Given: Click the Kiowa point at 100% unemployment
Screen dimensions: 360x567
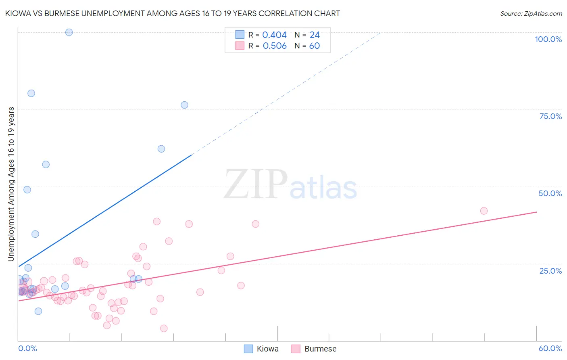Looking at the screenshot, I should (x=69, y=32).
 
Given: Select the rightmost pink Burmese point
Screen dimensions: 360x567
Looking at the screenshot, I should (x=484, y=211).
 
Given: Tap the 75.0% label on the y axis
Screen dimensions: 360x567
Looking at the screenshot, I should (x=550, y=116).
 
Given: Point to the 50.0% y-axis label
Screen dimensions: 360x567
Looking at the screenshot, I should (x=550, y=193).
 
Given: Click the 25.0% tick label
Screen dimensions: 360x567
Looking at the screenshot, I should (x=550, y=271).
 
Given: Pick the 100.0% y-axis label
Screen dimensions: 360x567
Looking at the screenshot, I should (x=548, y=39).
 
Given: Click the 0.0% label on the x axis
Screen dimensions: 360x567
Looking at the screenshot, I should (x=27, y=348).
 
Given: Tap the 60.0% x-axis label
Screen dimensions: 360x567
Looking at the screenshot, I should (x=550, y=348).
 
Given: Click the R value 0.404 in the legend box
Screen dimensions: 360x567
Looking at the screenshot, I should (x=274, y=35).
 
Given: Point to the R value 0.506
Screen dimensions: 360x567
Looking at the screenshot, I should (x=275, y=46).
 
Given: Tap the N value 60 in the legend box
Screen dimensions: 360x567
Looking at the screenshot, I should (x=314, y=46).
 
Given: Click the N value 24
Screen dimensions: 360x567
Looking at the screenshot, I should (x=315, y=35).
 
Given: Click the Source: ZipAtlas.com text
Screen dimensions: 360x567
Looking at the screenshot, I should (x=531, y=13).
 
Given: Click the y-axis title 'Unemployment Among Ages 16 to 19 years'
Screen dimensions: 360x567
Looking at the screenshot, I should (x=11, y=184).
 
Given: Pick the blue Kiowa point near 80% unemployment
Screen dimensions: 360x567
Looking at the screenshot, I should (x=31, y=93).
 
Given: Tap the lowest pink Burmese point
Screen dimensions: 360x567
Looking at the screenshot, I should (x=164, y=329).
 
